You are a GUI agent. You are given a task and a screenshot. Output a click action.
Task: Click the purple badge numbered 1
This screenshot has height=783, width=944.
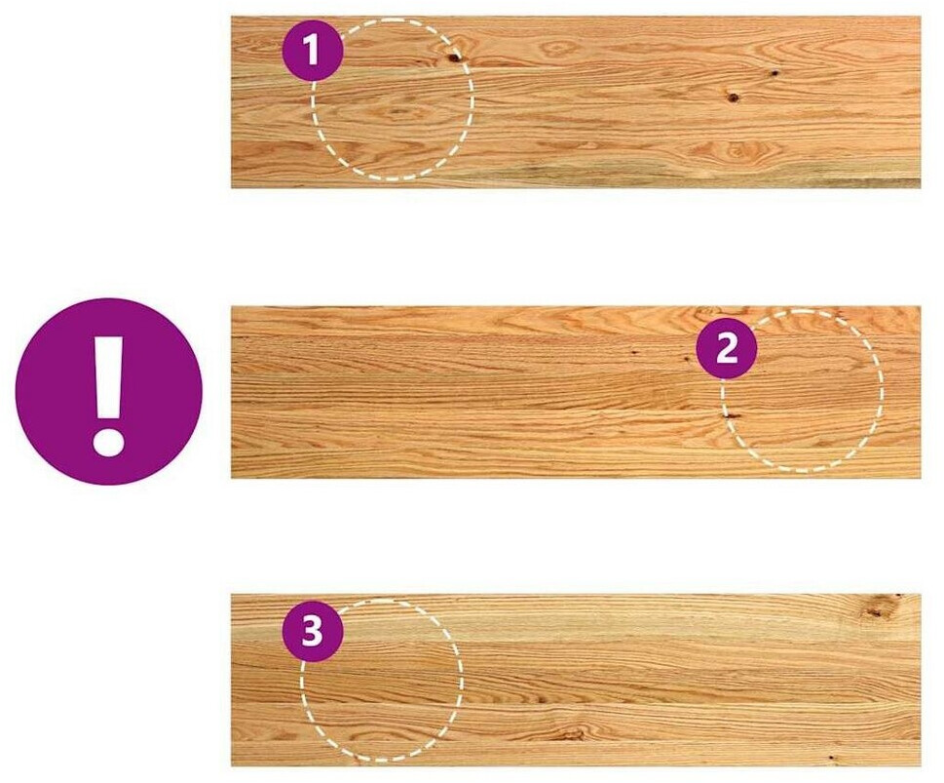click(313, 51)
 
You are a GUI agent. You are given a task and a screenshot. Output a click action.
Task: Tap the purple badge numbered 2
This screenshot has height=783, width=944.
click(727, 348)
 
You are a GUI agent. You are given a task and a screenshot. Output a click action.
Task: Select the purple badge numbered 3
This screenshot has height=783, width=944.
click(313, 632)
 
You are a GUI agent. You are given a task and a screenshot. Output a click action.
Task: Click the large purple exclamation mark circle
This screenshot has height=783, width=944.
click(109, 391)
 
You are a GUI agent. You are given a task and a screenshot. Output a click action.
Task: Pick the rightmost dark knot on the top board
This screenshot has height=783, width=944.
click(774, 73)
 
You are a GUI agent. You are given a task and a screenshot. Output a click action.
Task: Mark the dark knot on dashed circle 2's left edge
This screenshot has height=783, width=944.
click(732, 416)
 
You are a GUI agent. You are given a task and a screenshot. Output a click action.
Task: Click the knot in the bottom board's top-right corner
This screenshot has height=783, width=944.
click(880, 607)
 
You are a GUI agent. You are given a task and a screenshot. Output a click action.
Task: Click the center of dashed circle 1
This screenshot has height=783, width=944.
click(393, 99)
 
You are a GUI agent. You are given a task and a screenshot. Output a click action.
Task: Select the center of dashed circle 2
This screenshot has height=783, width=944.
click(803, 391)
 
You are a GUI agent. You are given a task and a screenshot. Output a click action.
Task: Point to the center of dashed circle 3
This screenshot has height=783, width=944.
click(382, 680)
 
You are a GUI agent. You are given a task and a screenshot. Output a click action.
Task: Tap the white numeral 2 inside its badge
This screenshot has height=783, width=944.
click(727, 348)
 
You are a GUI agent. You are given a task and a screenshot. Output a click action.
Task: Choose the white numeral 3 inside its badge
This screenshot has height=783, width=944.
click(313, 632)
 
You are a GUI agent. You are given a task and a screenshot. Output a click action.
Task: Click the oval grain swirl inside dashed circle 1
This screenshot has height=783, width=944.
click(397, 111)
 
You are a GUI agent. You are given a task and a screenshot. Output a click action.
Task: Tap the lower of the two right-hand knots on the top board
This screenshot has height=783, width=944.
click(733, 97)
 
